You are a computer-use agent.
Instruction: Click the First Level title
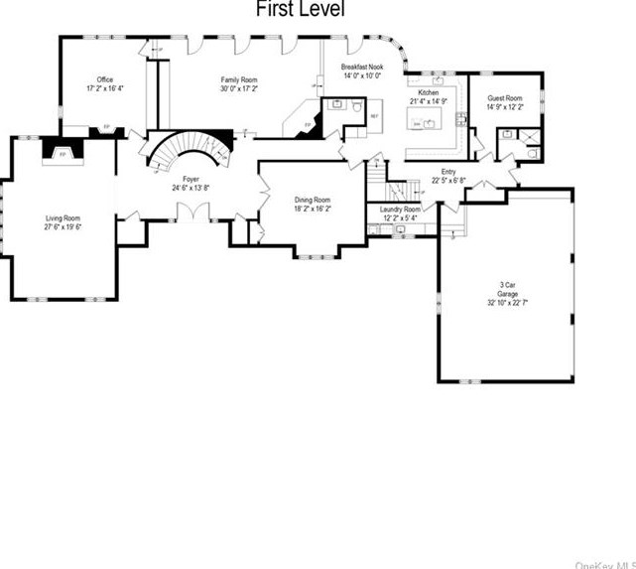click(x=301, y=11)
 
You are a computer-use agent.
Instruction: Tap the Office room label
click(x=104, y=79)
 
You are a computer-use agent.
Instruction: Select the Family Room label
click(x=239, y=79)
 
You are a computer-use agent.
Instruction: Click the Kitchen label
click(x=429, y=92)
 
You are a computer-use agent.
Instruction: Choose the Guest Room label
click(x=504, y=99)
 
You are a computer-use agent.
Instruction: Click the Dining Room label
click(x=313, y=201)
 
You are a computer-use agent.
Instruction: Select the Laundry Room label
click(x=400, y=210)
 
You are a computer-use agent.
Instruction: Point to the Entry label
click(x=448, y=171)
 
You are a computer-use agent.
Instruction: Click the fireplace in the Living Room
click(x=63, y=154)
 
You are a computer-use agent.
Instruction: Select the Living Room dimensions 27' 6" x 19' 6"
click(x=63, y=226)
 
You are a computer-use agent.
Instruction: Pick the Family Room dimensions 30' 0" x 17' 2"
click(x=239, y=87)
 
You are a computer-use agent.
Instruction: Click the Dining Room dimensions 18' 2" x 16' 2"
click(x=313, y=210)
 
